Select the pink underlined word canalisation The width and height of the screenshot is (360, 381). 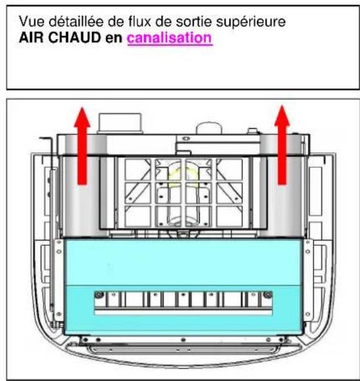170,38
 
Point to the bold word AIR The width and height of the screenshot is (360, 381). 31,38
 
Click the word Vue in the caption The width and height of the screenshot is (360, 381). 31,23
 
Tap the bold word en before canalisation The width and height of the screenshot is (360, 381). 116,38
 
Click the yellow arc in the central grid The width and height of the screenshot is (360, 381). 182,175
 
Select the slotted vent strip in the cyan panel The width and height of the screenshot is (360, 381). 182,301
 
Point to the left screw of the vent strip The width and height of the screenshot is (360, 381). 98,294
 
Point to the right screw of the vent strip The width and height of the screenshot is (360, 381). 268,294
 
